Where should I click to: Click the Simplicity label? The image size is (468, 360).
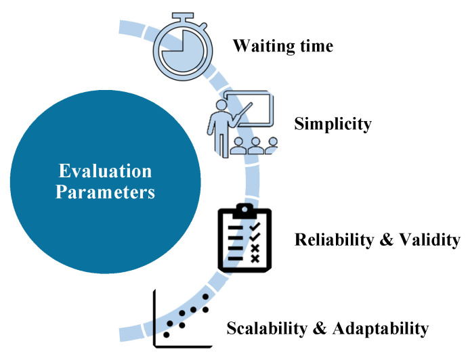(x=333, y=124)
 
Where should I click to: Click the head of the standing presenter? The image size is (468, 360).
(x=221, y=106)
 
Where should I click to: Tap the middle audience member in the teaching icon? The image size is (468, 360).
(x=255, y=145)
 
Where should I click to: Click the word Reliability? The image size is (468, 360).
(x=335, y=239)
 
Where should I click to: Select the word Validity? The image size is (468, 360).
(x=429, y=239)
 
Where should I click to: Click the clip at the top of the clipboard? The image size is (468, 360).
(x=244, y=210)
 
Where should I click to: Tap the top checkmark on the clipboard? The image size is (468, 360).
(x=255, y=226)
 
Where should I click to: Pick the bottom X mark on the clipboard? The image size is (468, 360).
(x=255, y=258)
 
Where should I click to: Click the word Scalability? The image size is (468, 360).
(x=267, y=328)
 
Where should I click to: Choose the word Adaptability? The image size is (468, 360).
(x=381, y=328)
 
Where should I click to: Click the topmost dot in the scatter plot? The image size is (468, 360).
(x=205, y=296)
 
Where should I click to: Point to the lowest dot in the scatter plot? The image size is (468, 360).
(x=166, y=335)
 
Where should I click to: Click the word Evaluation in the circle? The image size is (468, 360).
(x=106, y=171)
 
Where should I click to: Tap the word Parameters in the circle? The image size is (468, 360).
(x=106, y=192)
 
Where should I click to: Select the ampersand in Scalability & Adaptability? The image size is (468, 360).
(x=320, y=328)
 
